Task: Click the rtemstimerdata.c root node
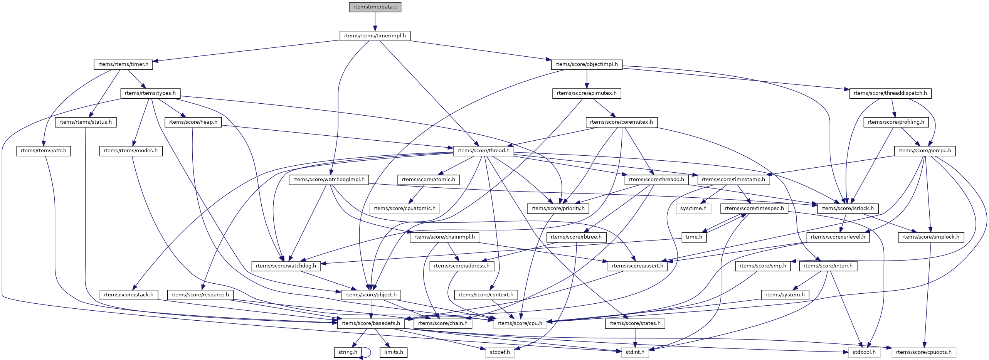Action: (375, 7)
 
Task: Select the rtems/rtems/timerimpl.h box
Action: (375, 36)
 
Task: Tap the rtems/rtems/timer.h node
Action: (123, 64)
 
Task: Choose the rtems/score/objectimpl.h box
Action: (587, 64)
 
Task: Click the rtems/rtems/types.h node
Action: (150, 93)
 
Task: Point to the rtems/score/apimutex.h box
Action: (587, 93)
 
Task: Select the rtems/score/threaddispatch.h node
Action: (890, 93)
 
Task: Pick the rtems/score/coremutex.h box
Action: (621, 122)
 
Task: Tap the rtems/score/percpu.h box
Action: (925, 151)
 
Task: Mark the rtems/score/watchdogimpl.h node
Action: (329, 180)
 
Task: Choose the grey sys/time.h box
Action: (693, 209)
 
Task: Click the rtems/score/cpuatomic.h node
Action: (404, 209)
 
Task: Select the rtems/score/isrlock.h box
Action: (848, 209)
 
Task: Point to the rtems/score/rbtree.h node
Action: (576, 237)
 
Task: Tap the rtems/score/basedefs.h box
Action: (371, 323)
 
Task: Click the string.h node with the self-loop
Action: (348, 352)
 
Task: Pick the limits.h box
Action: (394, 352)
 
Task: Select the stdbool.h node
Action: (864, 352)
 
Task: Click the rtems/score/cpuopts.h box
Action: (924, 352)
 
